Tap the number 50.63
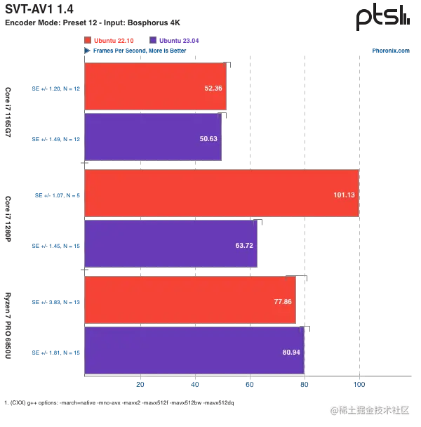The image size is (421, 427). coord(208,139)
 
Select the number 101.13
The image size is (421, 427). coord(344,195)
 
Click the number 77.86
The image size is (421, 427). coord(283,301)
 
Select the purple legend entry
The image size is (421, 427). coord(175,40)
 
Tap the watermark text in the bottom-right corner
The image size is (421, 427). coord(369,409)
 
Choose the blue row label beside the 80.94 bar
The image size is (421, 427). coord(55,351)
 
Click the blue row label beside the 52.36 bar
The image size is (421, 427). coord(55,89)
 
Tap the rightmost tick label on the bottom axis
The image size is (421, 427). coord(360,384)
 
